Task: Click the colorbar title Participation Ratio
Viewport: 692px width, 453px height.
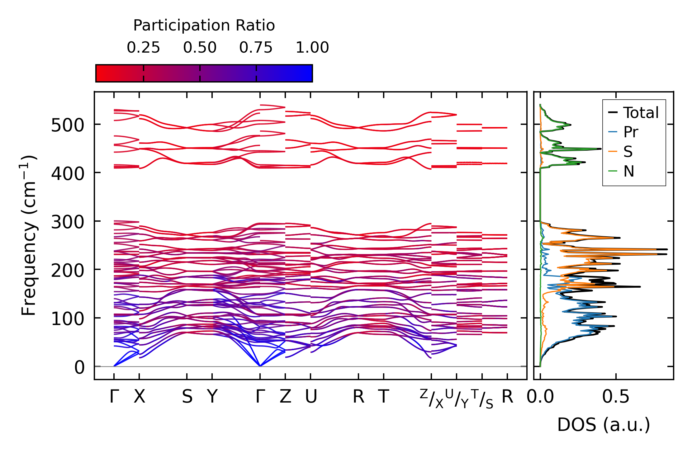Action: point(204,26)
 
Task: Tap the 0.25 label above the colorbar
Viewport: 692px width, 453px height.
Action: point(143,48)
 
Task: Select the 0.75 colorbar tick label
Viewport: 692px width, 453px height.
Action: point(256,48)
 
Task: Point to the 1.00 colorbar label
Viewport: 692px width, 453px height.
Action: point(312,48)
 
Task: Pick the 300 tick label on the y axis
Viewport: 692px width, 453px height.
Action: point(68,222)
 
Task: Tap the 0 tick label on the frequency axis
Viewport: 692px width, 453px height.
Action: point(79,367)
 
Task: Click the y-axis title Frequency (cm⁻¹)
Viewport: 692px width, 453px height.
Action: point(29,235)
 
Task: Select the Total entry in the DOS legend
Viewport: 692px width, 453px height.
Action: point(641,113)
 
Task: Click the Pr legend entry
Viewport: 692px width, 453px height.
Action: point(631,132)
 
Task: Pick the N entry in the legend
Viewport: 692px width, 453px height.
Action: point(629,171)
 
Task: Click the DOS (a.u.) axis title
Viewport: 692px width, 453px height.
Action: point(604,425)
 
